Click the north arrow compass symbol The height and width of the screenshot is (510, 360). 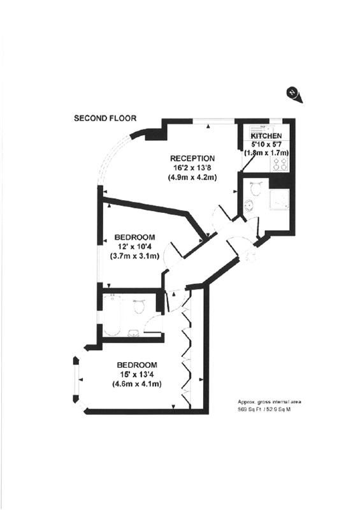coord(294,94)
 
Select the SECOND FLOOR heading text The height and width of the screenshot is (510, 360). coord(105,118)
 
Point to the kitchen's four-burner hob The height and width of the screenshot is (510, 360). coord(280,163)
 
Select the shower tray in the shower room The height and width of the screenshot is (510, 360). coord(279,200)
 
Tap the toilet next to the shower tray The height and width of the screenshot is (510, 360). coord(256,187)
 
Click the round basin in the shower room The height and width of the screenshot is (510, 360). coord(249,205)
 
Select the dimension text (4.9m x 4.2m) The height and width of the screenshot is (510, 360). coord(192,177)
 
